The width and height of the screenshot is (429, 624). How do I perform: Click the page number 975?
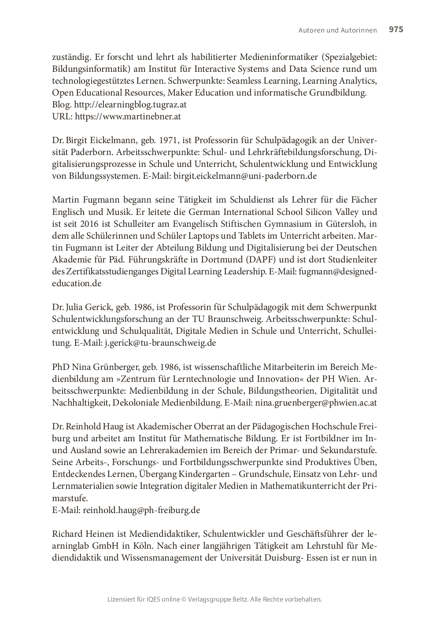point(396,30)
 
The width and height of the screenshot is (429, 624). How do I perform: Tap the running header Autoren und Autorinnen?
point(337,30)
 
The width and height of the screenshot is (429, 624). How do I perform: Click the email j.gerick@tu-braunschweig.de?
point(160,343)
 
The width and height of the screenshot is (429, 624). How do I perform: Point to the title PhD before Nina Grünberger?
point(60,367)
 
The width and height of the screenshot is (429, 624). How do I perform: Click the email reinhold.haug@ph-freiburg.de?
point(141,510)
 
